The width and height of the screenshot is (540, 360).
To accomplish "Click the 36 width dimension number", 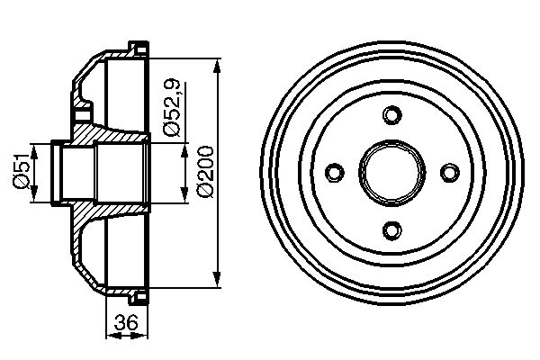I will coord(127,323).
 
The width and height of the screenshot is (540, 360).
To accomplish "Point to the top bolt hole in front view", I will coord(391,115).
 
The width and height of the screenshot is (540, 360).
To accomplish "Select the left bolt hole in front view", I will coord(334,171).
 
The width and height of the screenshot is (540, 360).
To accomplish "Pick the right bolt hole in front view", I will coord(447,171).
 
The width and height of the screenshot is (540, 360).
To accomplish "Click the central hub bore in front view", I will coord(391,171).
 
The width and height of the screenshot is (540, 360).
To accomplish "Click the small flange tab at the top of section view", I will coord(139,45).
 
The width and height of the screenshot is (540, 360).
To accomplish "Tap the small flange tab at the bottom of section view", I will coord(139,298).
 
